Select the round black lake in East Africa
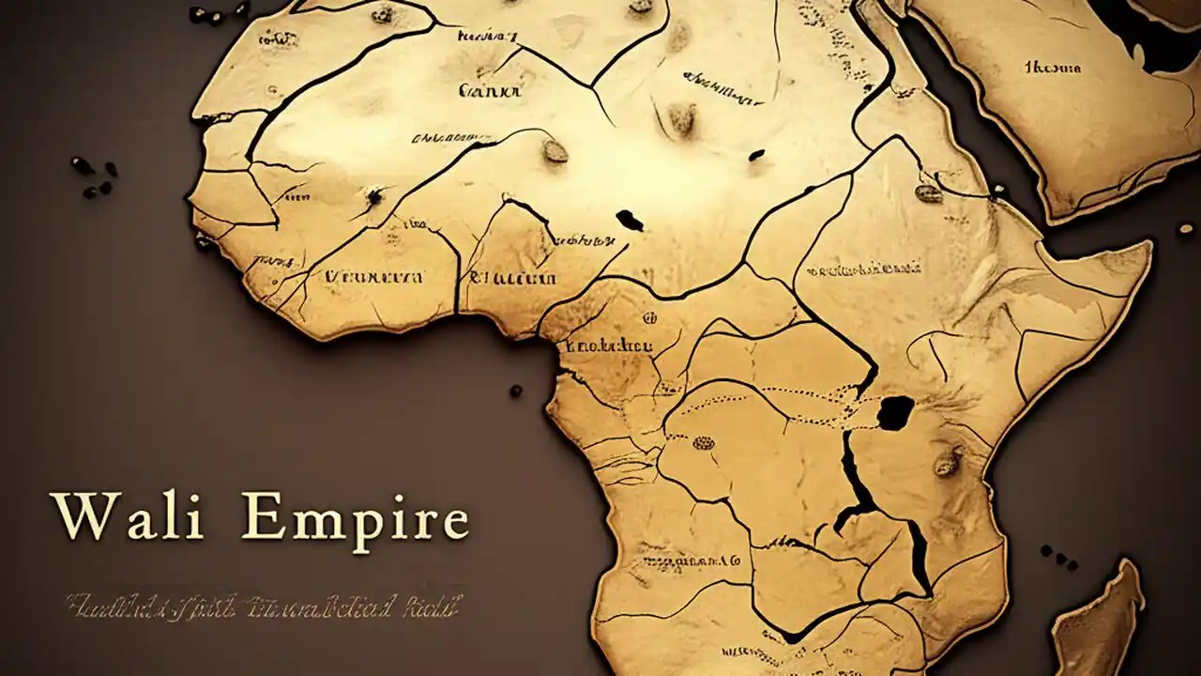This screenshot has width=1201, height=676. [895, 412]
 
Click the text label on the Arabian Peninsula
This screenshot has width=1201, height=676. [1052, 68]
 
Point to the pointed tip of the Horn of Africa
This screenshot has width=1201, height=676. [1147, 246]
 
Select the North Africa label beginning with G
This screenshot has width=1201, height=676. [489, 91]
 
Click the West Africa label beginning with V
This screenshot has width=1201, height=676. [372, 277]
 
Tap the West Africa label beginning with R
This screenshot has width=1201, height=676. [512, 277]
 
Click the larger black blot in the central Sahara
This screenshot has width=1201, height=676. [630, 221]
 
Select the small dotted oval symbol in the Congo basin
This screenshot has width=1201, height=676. [703, 442]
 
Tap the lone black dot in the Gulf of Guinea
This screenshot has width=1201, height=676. [515, 390]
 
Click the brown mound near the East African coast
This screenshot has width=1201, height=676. [947, 461]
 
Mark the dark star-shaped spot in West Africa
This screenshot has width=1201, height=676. [374, 196]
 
